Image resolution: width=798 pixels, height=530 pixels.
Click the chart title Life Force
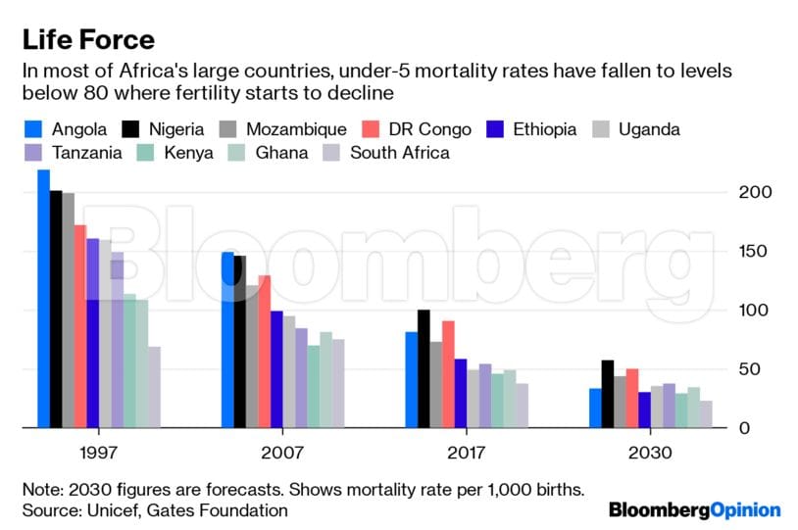(x=88, y=40)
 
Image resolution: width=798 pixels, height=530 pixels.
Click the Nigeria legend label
(x=175, y=129)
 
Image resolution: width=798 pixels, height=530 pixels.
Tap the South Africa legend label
(x=400, y=153)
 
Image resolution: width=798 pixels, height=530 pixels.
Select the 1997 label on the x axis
(x=98, y=455)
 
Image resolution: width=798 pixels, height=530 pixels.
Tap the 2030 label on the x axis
(x=651, y=455)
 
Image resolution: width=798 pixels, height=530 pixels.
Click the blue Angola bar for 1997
(x=43, y=299)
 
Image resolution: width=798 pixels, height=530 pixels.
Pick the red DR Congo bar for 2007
(x=264, y=352)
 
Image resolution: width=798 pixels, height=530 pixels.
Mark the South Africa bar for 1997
(x=154, y=387)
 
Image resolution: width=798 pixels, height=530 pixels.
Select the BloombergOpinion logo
(x=694, y=510)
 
